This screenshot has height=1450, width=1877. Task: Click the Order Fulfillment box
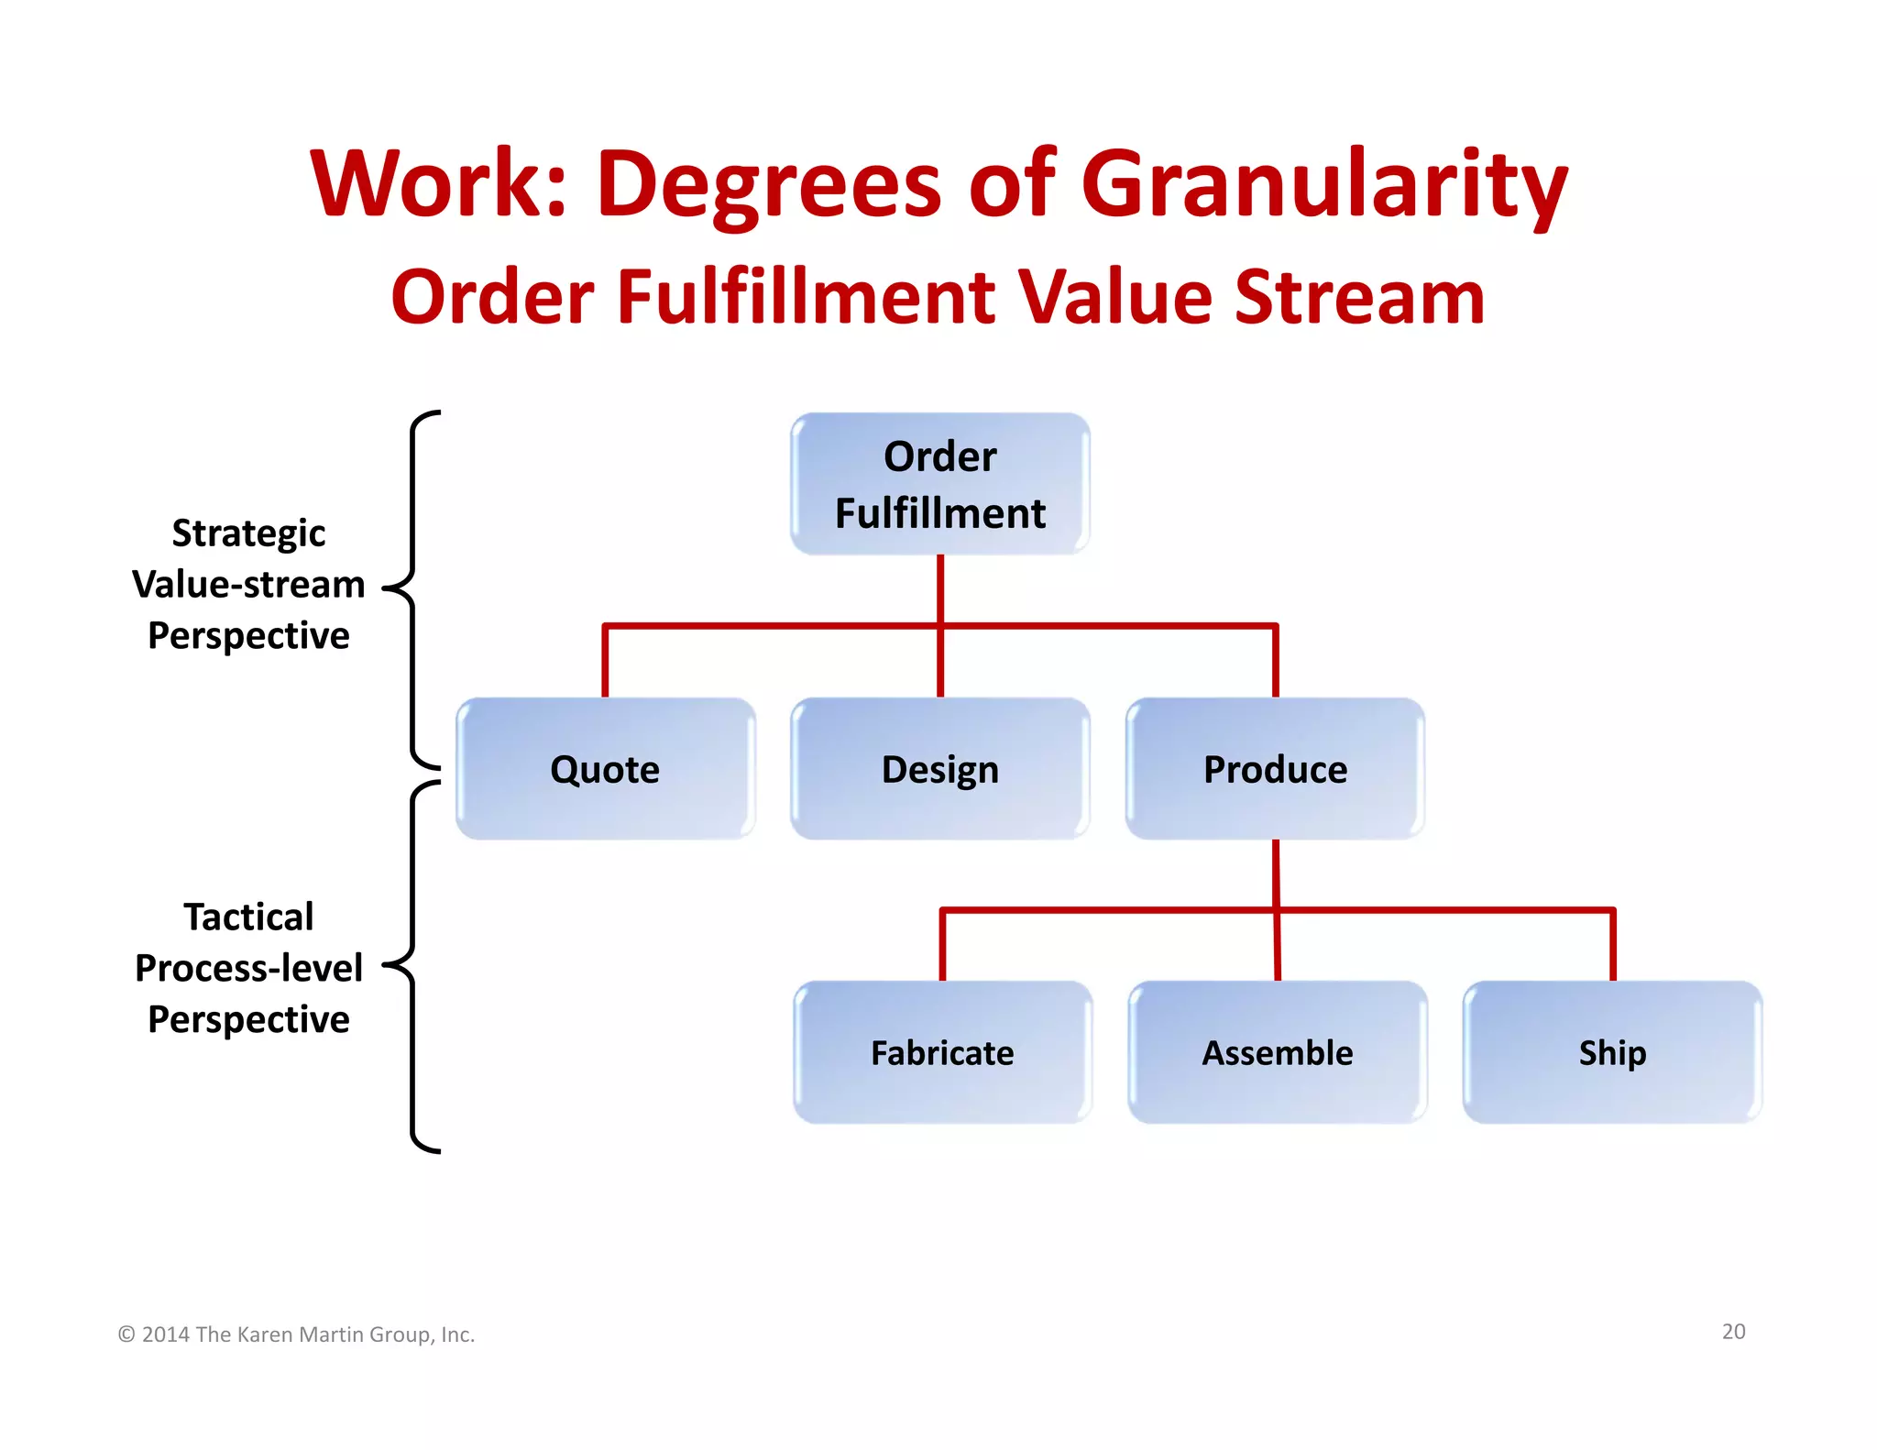point(940,484)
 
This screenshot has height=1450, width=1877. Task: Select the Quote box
point(605,768)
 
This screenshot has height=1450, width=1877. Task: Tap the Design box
point(940,768)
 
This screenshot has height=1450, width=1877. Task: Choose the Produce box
point(1275,768)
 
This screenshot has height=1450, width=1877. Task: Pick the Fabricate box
point(942,1052)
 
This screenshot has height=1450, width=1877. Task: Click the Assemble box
point(1277,1052)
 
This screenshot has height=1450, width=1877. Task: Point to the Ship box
point(1612,1052)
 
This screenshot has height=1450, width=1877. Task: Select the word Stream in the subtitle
point(1359,297)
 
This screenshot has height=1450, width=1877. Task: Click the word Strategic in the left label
point(248,533)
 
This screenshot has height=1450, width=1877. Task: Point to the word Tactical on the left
point(248,917)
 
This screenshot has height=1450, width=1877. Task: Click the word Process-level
point(248,968)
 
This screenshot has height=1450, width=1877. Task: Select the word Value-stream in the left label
point(248,585)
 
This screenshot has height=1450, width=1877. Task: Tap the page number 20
point(1733,1332)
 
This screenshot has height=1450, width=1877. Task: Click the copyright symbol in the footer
point(126,1335)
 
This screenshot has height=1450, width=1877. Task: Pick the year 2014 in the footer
point(166,1335)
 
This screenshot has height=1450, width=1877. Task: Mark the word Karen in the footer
point(268,1335)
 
